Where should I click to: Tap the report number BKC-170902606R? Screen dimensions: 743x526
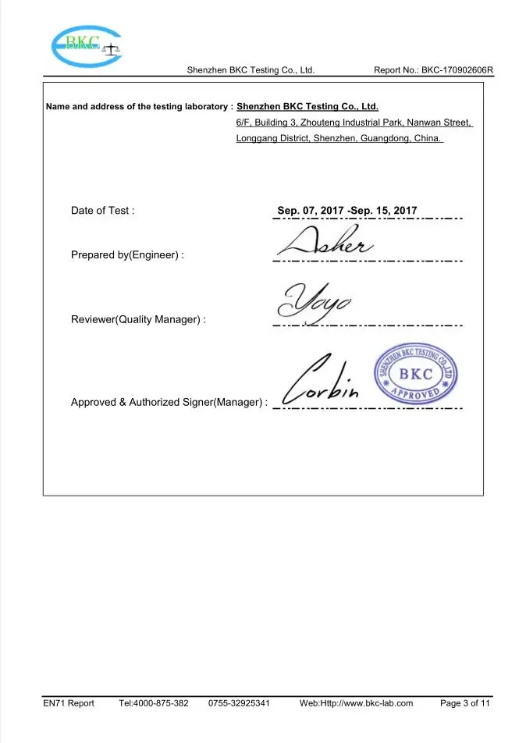457,70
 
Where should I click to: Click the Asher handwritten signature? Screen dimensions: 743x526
325,242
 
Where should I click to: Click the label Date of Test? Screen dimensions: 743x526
102,211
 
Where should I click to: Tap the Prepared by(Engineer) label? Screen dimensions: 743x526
127,255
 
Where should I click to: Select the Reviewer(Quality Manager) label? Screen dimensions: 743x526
138,320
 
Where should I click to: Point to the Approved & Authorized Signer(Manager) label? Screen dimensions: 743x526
169,403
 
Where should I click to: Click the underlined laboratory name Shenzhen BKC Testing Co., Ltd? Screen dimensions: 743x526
307,106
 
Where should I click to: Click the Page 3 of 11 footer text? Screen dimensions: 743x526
465,703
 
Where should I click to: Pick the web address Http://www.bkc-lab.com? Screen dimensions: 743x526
367,703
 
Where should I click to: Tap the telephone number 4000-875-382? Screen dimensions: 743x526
161,703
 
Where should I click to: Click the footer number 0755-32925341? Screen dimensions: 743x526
239,703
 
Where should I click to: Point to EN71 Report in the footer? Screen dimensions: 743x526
69,703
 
